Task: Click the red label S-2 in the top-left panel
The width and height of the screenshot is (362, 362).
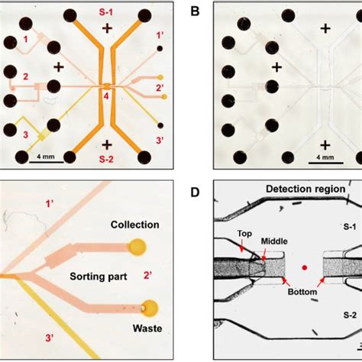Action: (107, 160)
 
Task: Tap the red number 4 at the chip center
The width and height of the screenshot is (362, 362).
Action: (106, 96)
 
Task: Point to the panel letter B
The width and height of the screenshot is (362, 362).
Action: (196, 11)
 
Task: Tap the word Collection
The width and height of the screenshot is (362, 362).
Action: (134, 225)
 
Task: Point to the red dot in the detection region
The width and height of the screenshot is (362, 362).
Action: (304, 267)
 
